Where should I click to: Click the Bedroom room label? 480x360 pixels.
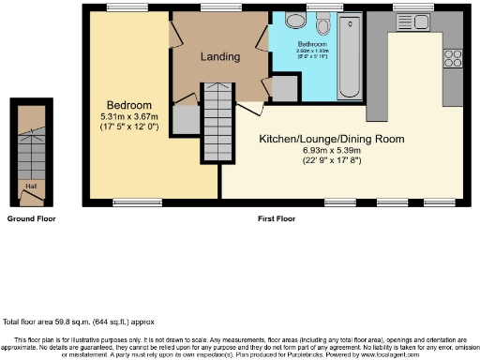click(x=128, y=104)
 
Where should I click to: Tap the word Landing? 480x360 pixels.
click(x=220, y=56)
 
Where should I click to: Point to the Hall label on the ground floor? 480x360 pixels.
click(x=31, y=187)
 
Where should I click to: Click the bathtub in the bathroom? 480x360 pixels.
click(x=351, y=59)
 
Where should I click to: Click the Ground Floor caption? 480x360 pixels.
click(x=31, y=218)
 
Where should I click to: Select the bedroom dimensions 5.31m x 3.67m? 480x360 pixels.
click(x=128, y=115)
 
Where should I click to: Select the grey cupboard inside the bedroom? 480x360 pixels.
click(x=185, y=120)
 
